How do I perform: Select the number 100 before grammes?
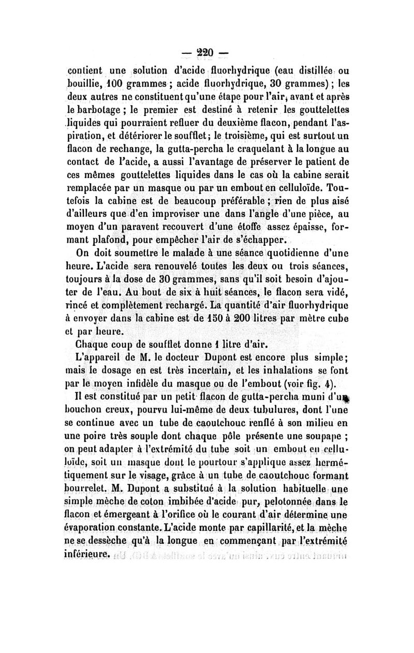[126, 84]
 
